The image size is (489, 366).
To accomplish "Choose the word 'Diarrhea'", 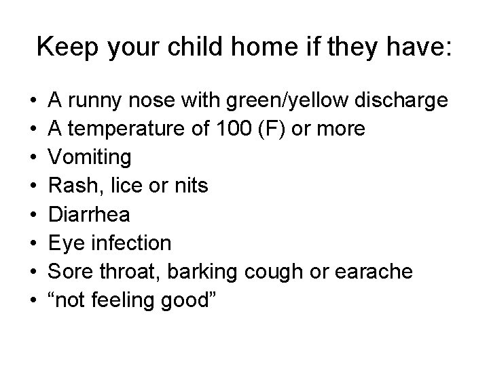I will click(x=89, y=215).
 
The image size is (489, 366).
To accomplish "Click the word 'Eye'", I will click(x=64, y=243).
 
